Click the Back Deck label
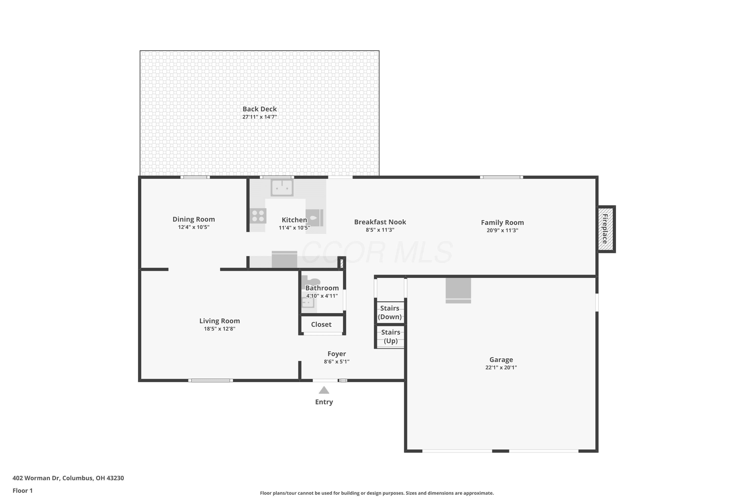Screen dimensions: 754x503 click(x=259, y=109)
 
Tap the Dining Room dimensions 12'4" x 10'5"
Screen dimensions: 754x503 click(x=194, y=227)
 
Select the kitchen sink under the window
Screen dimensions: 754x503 click(x=282, y=187)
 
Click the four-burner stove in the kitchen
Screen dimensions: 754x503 click(x=258, y=216)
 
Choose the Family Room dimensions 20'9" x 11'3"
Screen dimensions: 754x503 click(x=502, y=230)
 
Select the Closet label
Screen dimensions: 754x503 click(x=321, y=324)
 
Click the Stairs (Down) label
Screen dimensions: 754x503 click(x=390, y=312)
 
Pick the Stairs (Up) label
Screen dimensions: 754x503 click(x=391, y=337)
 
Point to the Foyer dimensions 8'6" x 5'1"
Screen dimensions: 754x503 click(x=337, y=362)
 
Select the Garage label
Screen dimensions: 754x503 click(x=501, y=360)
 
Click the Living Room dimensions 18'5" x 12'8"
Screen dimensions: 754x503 click(x=220, y=329)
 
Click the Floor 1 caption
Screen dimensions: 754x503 click(x=23, y=490)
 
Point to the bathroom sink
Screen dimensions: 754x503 click(x=308, y=303)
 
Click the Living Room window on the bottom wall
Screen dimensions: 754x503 click(x=211, y=381)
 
